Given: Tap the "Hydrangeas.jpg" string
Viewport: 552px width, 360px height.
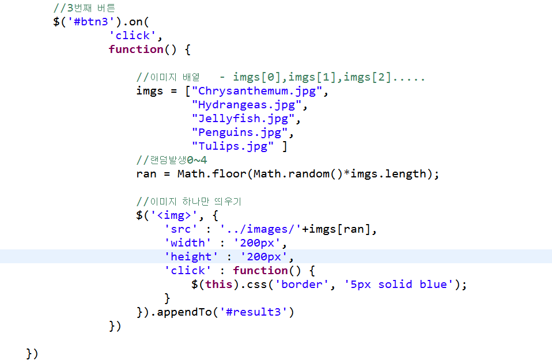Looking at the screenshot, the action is coord(247,105).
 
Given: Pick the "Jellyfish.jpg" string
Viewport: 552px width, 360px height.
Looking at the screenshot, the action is coord(243,119).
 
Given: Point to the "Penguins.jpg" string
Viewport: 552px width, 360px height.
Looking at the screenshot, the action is coord(240,132).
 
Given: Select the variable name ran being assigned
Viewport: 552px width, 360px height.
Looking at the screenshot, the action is coord(146,174).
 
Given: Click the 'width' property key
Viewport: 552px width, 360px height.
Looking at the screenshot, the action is coord(188,243).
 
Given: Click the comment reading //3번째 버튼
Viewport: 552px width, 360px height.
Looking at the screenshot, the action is coord(84,8).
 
